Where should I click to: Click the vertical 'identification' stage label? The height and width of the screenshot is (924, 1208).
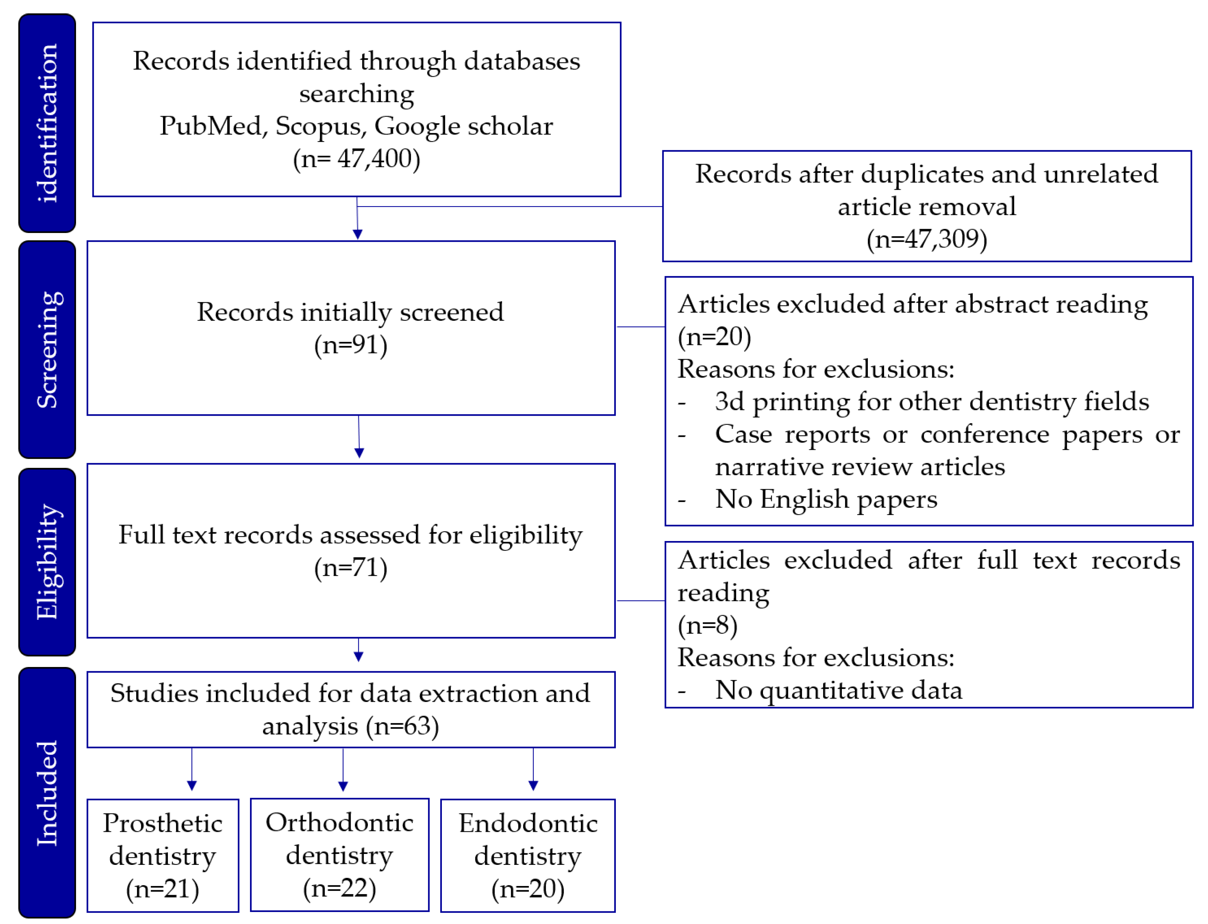(47, 123)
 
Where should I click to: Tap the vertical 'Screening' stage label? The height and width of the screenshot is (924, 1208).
(47, 350)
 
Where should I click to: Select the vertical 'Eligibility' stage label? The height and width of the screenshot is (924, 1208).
(47, 562)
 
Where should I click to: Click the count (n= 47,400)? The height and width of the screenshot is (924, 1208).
(356, 159)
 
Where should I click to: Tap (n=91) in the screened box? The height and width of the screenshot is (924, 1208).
(350, 345)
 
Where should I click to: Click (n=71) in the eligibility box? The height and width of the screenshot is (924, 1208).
(350, 567)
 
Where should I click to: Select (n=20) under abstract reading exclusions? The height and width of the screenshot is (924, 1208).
(714, 337)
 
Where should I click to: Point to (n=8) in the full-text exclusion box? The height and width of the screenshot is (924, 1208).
(707, 626)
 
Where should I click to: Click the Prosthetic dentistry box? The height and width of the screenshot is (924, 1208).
(163, 855)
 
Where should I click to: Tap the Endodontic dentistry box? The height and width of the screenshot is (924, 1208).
(527, 855)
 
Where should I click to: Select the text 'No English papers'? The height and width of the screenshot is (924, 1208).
(826, 499)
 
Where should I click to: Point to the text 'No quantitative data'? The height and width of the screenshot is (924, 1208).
(838, 690)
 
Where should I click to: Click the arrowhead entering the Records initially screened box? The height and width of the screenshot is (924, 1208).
(358, 235)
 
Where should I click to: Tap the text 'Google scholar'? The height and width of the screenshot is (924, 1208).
(463, 126)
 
